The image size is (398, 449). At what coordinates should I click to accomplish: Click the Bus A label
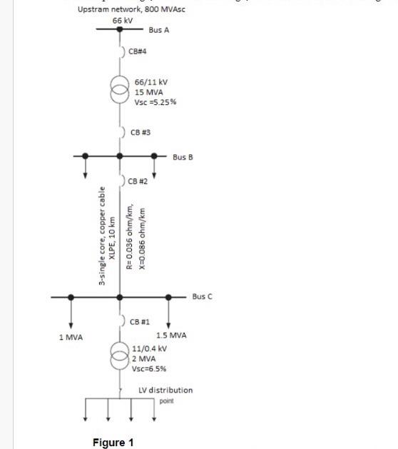coord(158,31)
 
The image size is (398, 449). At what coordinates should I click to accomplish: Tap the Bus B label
coord(183,156)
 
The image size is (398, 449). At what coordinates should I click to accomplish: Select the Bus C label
coord(202,296)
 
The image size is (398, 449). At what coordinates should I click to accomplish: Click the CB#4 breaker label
coord(138,52)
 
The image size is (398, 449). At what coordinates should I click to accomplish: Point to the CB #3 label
coord(141,133)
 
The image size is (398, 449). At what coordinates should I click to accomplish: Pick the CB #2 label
coord(138,181)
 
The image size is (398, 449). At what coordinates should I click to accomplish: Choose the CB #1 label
coord(139,322)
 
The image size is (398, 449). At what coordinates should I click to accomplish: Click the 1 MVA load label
coord(71,336)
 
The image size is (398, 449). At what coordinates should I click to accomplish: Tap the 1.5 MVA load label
coord(171,335)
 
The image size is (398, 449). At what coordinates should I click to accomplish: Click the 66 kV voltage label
coord(123,21)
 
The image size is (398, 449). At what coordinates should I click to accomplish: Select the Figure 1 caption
coord(113,443)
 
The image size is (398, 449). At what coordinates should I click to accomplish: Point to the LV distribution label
coord(165,390)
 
